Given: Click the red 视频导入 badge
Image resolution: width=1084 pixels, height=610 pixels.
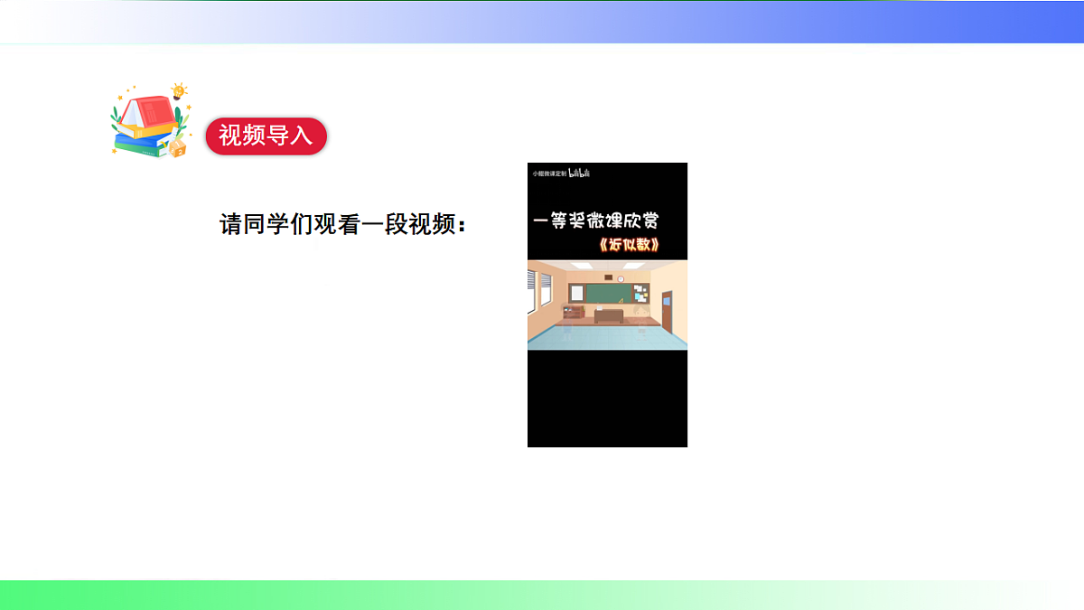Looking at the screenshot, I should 266,136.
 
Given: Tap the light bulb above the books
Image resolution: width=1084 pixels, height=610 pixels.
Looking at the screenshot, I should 179,90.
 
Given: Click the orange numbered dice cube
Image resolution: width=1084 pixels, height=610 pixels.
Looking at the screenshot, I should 178,146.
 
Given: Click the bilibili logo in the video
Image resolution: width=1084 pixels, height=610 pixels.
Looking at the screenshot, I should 579,173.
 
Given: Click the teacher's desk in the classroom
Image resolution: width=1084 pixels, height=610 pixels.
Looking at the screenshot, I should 608,314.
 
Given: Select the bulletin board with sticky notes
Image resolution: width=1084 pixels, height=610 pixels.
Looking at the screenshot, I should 640,293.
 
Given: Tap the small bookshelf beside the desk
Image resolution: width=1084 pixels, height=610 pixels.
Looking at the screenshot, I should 573,314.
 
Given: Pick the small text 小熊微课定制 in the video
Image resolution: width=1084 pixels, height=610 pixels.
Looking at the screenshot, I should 548,173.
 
